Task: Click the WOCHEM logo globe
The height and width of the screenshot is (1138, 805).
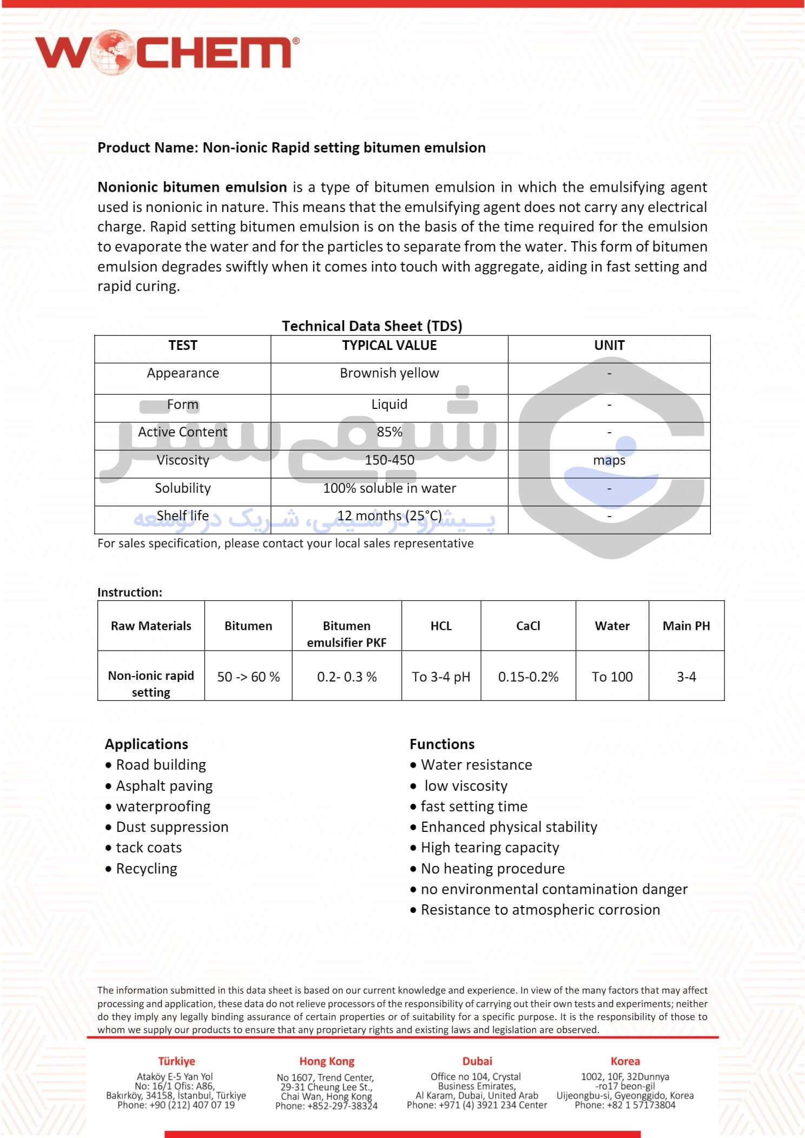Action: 112,52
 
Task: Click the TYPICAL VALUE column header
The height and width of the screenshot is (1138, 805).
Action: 389,346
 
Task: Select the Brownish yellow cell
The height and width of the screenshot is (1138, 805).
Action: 389,373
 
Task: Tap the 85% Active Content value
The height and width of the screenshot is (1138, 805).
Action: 389,432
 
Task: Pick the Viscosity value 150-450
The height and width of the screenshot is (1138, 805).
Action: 389,460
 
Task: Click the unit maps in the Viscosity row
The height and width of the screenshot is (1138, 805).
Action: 609,460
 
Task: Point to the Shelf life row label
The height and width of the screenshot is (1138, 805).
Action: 182,516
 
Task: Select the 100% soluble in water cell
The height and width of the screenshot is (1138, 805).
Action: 389,488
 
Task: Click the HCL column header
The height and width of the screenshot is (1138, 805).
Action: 441,626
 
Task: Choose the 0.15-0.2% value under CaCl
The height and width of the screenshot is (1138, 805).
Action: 528,677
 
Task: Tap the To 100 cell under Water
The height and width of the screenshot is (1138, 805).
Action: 612,677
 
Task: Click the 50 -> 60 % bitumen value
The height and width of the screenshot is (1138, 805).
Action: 248,677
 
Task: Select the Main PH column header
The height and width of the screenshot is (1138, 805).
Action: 686,626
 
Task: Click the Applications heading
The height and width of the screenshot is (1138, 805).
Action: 147,744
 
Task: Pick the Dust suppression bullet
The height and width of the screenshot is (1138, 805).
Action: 172,827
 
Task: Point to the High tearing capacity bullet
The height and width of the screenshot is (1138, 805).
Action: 490,848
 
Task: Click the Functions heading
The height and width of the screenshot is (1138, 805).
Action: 442,744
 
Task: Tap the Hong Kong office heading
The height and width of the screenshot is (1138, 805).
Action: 327,1061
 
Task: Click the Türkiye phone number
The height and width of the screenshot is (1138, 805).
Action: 176,1105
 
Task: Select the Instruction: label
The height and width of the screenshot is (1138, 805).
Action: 130,592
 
